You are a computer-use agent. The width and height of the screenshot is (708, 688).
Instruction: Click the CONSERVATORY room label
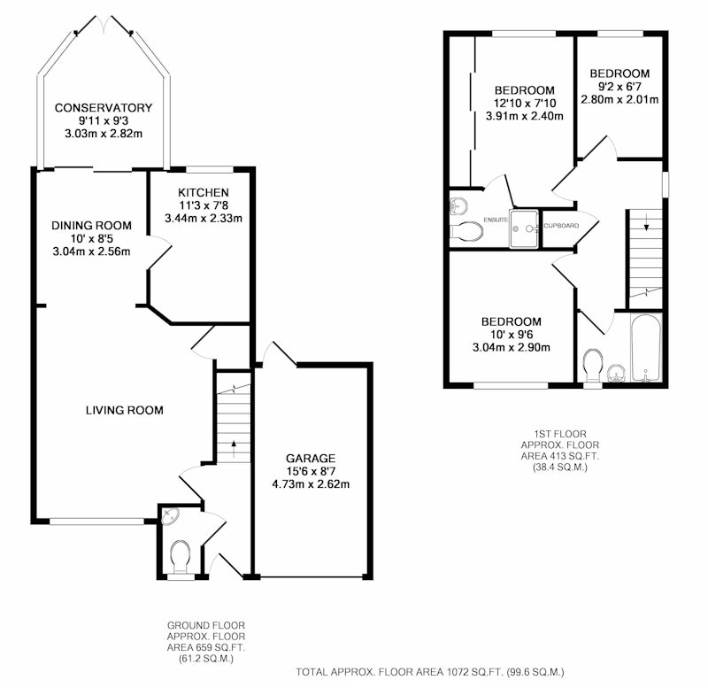(x=104, y=108)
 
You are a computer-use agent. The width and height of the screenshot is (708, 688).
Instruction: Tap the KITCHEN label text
(x=204, y=192)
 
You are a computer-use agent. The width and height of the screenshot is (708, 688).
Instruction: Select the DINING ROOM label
(x=92, y=226)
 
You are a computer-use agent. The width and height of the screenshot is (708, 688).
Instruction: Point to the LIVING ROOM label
(x=125, y=410)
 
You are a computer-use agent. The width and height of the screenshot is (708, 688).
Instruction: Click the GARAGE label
(x=311, y=459)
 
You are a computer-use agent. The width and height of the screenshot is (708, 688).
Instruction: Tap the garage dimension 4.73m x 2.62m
(x=311, y=484)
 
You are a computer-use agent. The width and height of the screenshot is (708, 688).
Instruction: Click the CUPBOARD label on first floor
(x=561, y=226)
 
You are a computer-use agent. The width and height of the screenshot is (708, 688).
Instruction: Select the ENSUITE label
(x=496, y=220)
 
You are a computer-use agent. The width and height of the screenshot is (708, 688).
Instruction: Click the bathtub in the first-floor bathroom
(x=646, y=348)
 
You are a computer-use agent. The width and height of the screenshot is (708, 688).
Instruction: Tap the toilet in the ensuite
(x=467, y=231)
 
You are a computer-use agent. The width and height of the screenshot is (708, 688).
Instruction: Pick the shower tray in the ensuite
(x=524, y=228)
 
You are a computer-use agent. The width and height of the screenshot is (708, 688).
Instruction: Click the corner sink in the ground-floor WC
(x=170, y=515)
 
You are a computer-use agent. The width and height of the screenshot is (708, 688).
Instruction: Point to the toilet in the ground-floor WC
(x=181, y=557)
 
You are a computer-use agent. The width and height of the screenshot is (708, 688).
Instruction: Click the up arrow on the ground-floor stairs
(x=234, y=449)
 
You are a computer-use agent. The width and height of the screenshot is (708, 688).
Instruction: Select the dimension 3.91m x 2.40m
(x=525, y=116)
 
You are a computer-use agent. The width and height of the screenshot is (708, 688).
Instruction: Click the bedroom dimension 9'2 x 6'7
(x=619, y=86)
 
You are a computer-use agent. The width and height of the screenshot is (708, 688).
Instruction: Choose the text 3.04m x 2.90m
(x=512, y=347)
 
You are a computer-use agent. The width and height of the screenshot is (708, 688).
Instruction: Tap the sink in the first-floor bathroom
(x=616, y=374)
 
